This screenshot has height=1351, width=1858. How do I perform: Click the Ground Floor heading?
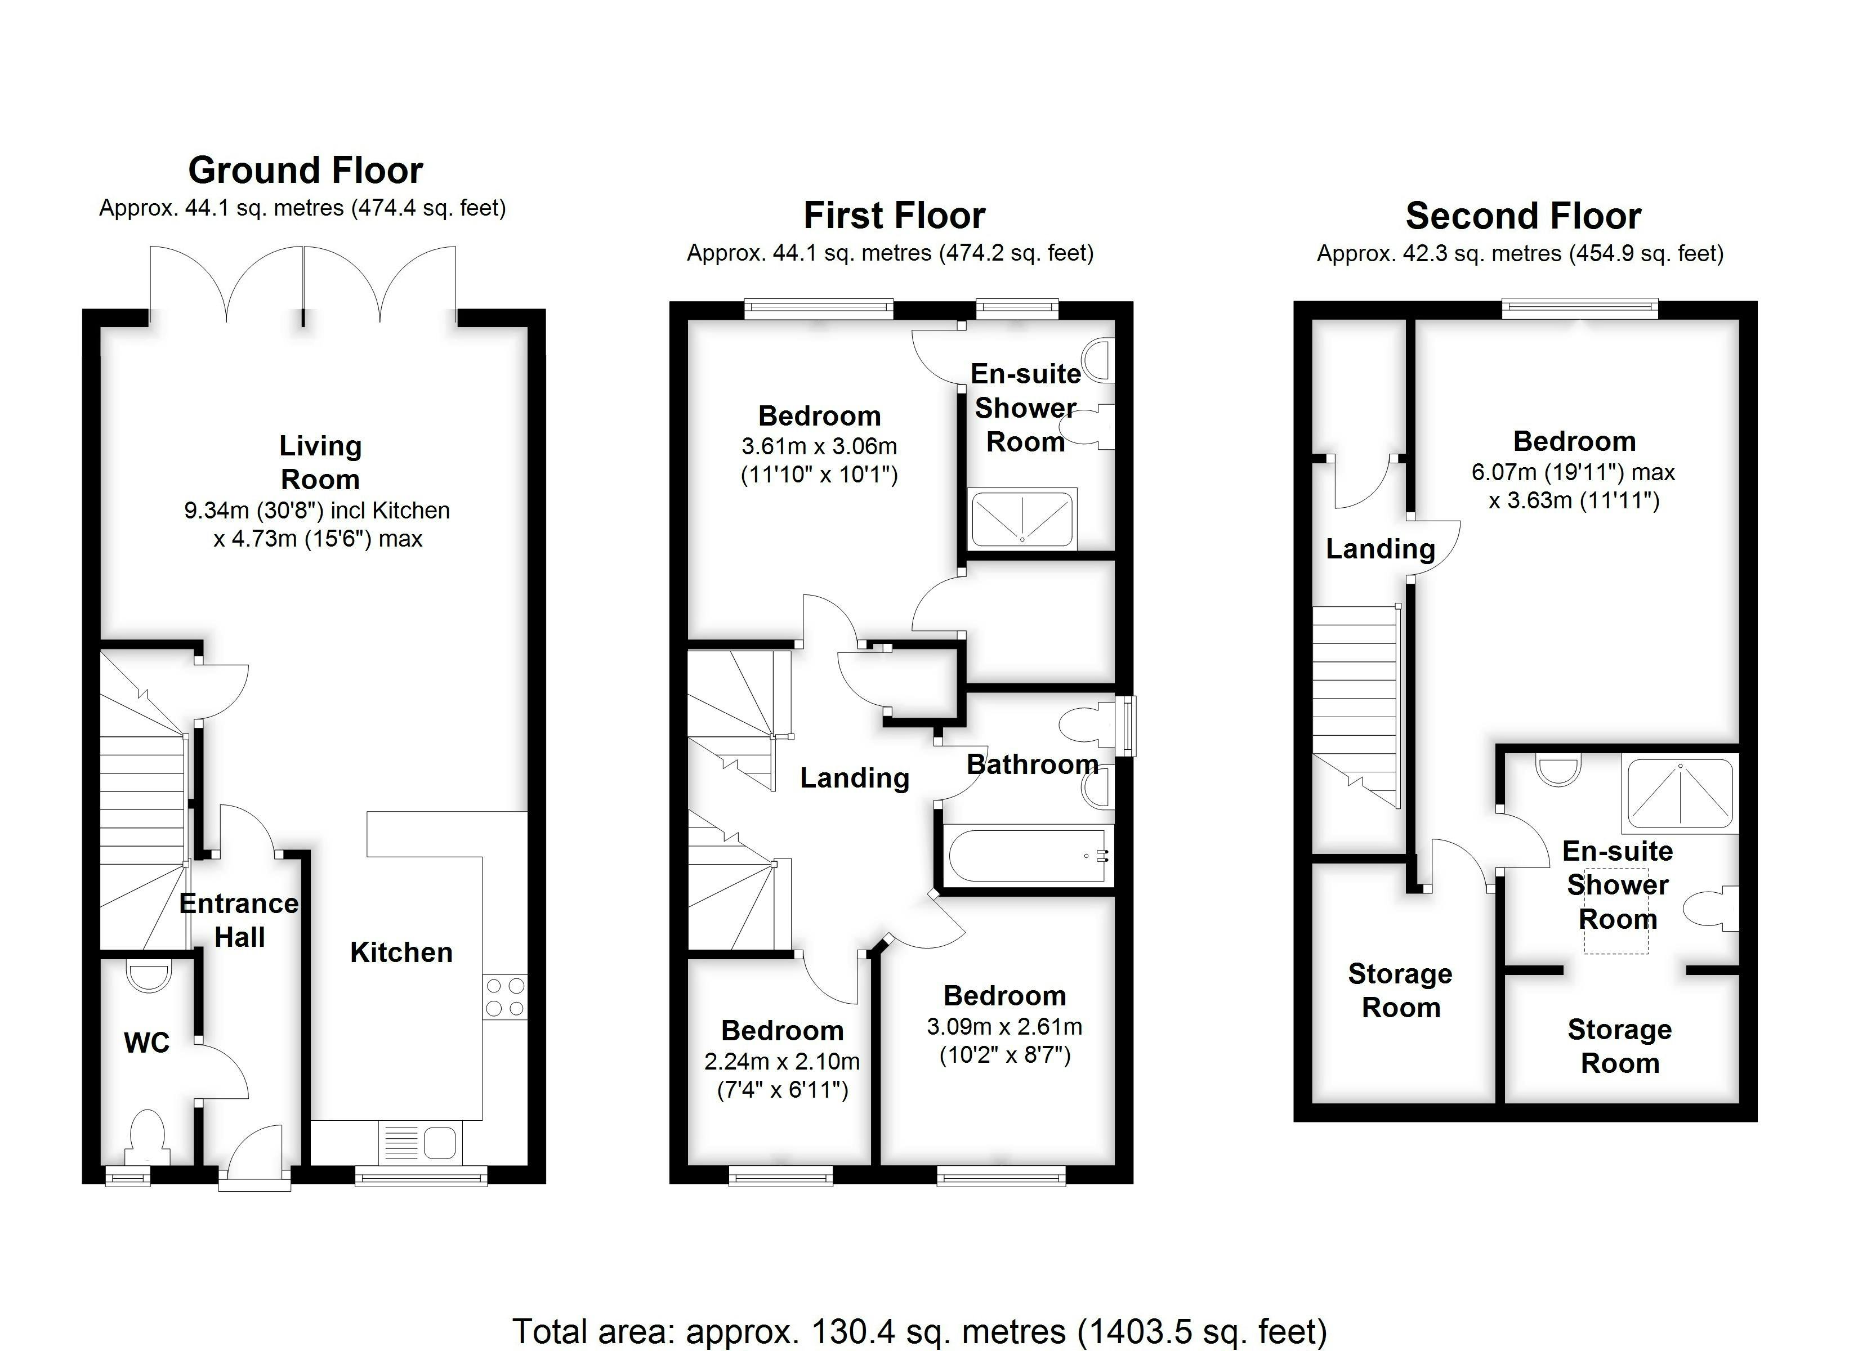[x=306, y=171]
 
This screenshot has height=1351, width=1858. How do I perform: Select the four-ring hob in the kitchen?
[x=504, y=997]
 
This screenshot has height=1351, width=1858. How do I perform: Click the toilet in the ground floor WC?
[x=148, y=1135]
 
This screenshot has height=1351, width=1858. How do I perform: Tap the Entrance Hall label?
[x=239, y=920]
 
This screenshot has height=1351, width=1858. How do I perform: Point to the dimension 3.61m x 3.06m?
[x=819, y=446]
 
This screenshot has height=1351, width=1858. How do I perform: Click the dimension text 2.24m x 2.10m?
[x=783, y=1062]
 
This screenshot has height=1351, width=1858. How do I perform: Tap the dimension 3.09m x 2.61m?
[x=1005, y=1027]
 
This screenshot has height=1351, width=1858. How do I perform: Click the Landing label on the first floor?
[x=855, y=777]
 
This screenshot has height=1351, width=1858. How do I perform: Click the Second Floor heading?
[x=1524, y=216]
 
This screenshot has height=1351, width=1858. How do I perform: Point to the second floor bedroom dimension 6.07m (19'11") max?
[x=1573, y=473]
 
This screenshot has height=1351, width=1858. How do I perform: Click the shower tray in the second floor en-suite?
[x=1680, y=793]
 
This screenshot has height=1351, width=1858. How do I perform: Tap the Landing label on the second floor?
[x=1381, y=549]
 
